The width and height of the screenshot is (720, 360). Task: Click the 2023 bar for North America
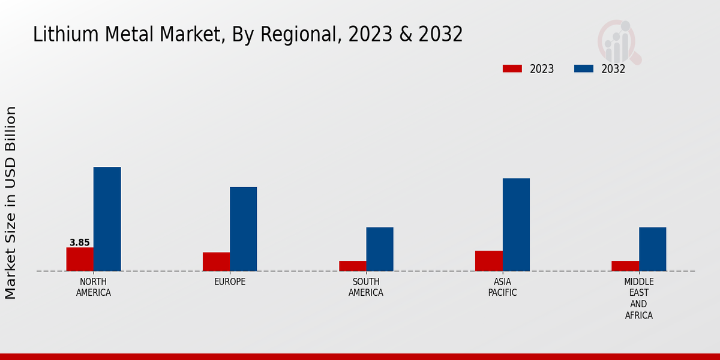tap(80, 259)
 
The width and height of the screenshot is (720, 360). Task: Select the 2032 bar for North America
tap(107, 219)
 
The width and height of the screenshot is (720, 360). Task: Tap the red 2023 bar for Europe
tap(216, 262)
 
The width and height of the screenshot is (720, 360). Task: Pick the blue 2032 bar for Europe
tap(243, 229)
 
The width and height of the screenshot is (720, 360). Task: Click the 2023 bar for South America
tap(352, 266)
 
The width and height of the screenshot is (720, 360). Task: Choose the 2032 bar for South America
tap(380, 249)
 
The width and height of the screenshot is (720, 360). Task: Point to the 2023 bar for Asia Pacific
tap(488, 261)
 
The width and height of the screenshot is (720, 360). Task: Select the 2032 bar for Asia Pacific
tap(516, 224)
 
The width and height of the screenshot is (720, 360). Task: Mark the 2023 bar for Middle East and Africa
tap(625, 266)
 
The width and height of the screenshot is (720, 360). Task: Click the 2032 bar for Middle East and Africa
tap(652, 249)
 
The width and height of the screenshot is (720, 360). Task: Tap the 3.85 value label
tap(80, 243)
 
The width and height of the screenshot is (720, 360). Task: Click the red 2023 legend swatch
tap(512, 69)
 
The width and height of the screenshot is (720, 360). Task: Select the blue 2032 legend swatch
tap(584, 69)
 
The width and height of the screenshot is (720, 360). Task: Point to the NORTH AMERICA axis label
tap(94, 287)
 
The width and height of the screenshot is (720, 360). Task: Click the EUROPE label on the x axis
tap(230, 282)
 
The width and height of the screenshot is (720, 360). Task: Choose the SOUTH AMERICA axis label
tap(366, 287)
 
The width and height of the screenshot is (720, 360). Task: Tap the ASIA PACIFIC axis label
tap(502, 287)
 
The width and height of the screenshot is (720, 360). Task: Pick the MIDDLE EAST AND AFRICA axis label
tap(639, 299)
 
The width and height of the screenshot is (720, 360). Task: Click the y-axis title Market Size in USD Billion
tap(11, 203)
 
